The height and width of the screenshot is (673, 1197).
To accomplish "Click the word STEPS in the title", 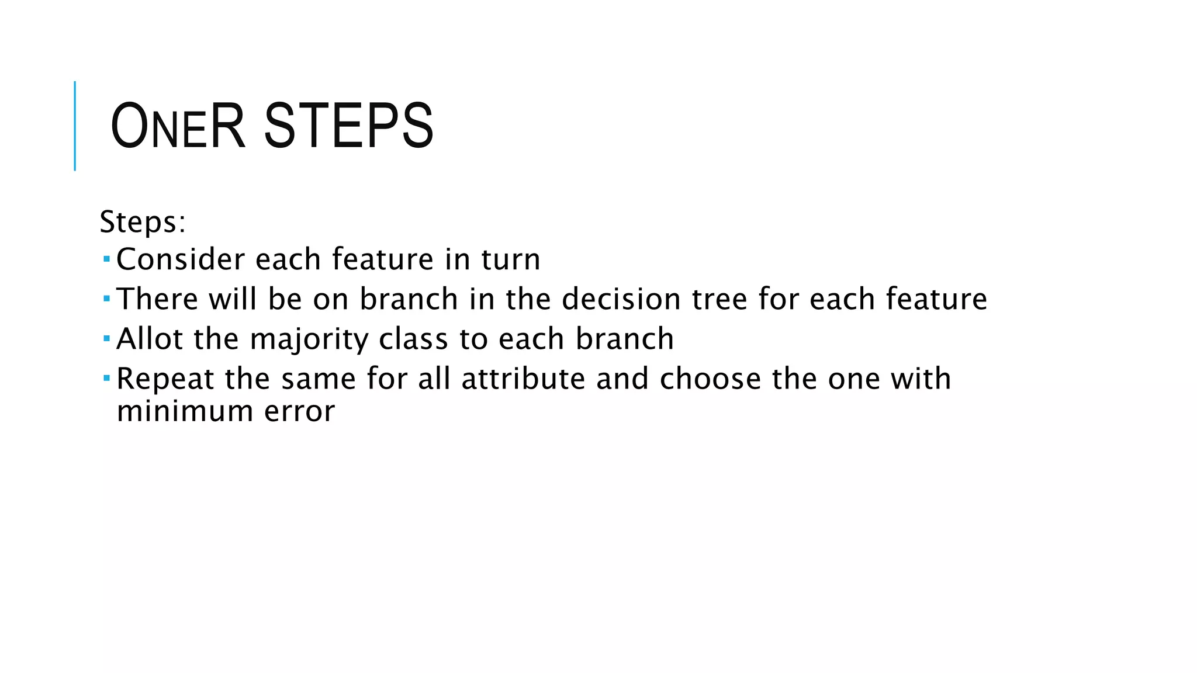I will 348,126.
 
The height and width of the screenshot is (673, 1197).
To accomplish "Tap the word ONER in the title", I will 177,126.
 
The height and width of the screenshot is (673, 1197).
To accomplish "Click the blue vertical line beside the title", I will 75,126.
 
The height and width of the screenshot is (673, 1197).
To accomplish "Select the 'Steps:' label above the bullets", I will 143,222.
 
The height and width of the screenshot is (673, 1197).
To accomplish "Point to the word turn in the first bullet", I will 511,259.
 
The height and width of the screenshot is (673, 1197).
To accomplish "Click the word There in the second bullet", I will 158,299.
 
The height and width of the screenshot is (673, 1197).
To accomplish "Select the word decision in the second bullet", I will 621,299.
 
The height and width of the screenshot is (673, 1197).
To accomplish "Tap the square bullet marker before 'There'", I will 106,298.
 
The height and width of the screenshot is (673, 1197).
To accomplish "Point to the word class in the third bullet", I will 414,339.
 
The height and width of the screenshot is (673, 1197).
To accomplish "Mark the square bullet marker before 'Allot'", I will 106,338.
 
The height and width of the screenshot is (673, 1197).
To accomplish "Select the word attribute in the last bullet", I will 523,379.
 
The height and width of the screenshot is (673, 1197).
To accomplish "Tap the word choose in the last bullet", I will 710,379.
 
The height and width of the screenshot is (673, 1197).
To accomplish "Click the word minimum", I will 184,411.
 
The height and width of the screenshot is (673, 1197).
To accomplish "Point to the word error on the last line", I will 299,411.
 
